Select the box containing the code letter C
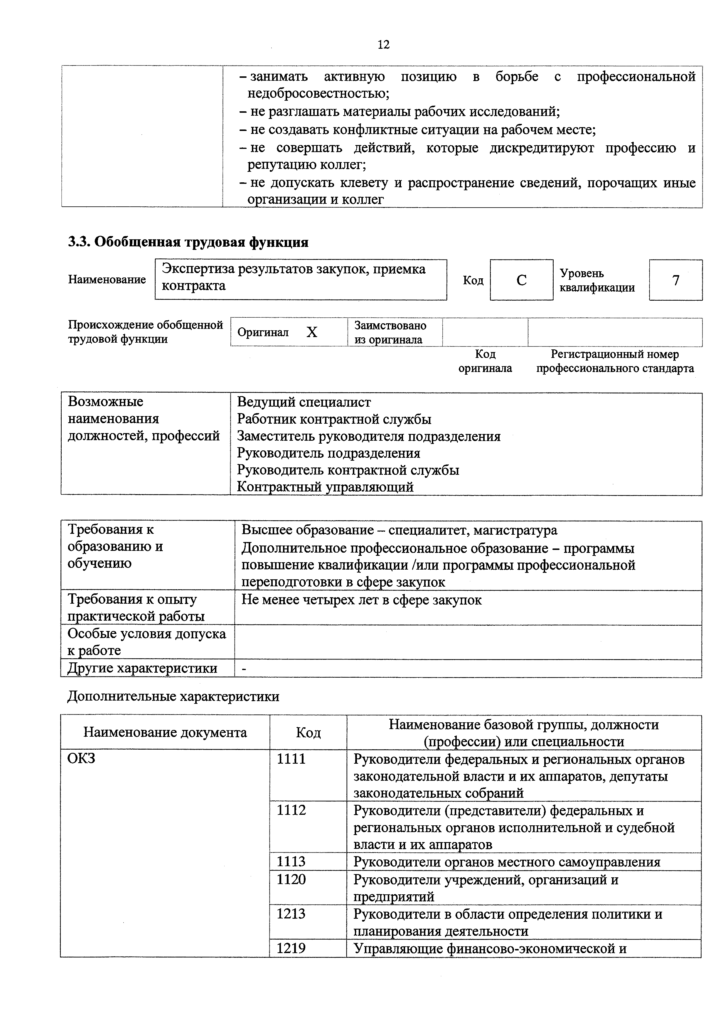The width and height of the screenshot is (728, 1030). (x=521, y=280)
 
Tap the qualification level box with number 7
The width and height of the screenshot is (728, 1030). (x=675, y=280)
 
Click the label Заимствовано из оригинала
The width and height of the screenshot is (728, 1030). (x=390, y=332)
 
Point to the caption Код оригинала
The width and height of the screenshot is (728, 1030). (x=485, y=361)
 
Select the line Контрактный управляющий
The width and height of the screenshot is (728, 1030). (x=325, y=487)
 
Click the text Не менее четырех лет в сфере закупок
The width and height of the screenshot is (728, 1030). (x=362, y=600)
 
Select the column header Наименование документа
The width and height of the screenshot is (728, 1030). (x=165, y=733)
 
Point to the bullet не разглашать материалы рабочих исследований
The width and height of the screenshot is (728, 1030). (x=405, y=112)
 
